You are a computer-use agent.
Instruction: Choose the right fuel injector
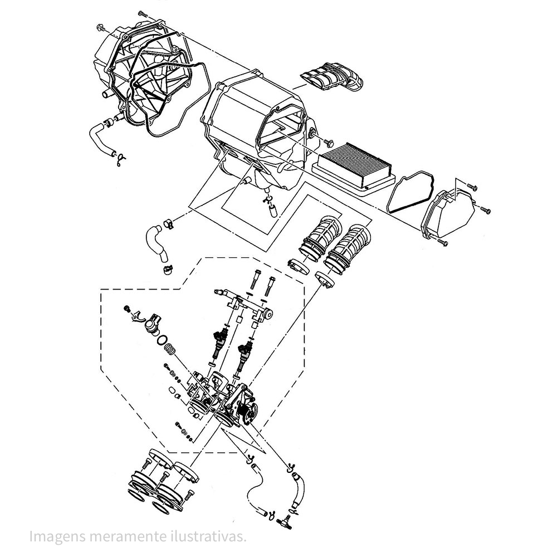[243, 356]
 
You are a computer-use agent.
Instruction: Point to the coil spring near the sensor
[172, 350]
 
